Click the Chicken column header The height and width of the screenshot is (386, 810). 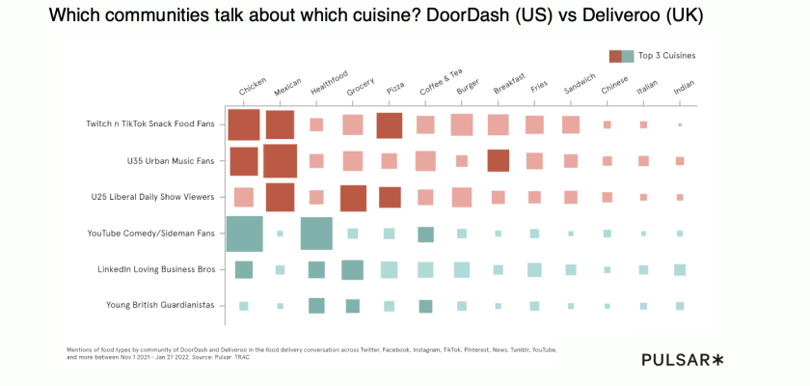click(253, 87)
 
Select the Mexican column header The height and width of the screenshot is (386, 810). click(288, 87)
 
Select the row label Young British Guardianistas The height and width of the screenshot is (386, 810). click(161, 306)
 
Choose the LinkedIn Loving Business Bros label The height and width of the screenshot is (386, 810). click(155, 269)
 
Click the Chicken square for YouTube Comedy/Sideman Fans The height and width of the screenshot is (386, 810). click(244, 234)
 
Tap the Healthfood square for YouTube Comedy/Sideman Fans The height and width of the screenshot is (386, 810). click(316, 234)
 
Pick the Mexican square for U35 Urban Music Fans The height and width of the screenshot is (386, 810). click(280, 161)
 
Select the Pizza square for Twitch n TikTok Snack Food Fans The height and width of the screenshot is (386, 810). click(389, 125)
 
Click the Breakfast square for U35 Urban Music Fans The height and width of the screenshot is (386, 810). click(498, 161)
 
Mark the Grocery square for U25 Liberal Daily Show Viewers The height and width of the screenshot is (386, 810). click(353, 197)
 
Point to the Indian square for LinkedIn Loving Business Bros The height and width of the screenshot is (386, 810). click(680, 269)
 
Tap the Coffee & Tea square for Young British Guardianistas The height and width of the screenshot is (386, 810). click(425, 306)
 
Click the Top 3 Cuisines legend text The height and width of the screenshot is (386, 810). click(666, 56)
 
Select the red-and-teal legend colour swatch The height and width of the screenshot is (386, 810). click(621, 56)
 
